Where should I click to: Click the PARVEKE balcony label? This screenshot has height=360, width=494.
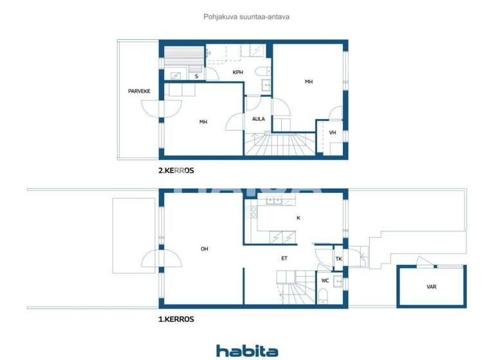point(139,91)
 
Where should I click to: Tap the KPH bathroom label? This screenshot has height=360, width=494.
point(238,73)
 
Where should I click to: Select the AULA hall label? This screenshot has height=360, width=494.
point(259,119)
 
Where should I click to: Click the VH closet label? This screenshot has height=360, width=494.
point(333,133)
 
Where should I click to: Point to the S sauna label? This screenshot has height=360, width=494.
point(196,76)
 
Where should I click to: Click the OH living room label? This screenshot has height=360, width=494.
point(204,249)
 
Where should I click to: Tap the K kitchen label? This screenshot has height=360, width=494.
point(298,218)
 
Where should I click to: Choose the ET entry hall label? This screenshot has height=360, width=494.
point(284,258)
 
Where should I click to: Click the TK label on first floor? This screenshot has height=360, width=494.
point(339,259)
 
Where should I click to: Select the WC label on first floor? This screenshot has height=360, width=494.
point(325,281)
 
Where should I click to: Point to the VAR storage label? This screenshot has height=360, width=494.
point(432,288)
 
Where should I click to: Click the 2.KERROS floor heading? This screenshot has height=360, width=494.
point(176,171)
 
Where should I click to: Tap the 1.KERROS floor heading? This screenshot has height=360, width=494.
point(176,319)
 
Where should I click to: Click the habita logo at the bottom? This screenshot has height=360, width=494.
point(247,351)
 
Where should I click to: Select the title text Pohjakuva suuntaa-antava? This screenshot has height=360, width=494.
point(247,17)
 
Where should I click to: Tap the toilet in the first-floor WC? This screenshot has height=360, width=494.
point(324,296)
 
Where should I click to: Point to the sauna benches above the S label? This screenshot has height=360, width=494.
point(183,54)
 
